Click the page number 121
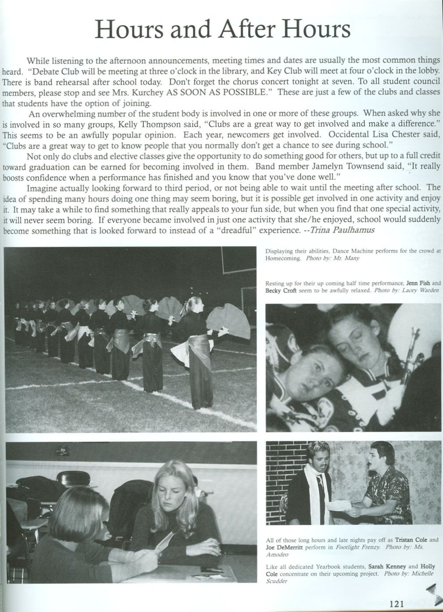[396, 604]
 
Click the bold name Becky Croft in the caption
[281, 291]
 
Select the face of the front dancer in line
[195, 306]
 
